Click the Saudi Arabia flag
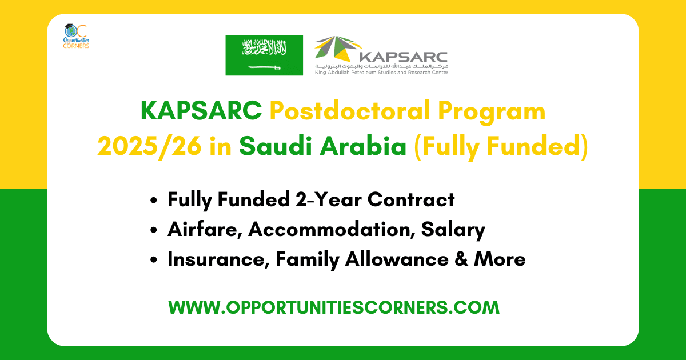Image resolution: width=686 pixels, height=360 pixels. pyautogui.click(x=264, y=55)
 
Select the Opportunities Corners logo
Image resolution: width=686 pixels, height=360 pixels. pyautogui.click(x=76, y=38)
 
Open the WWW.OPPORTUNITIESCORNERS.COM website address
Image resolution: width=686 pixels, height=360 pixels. pyautogui.click(x=334, y=307)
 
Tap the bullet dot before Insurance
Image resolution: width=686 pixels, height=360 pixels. pyautogui.click(x=153, y=260)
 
